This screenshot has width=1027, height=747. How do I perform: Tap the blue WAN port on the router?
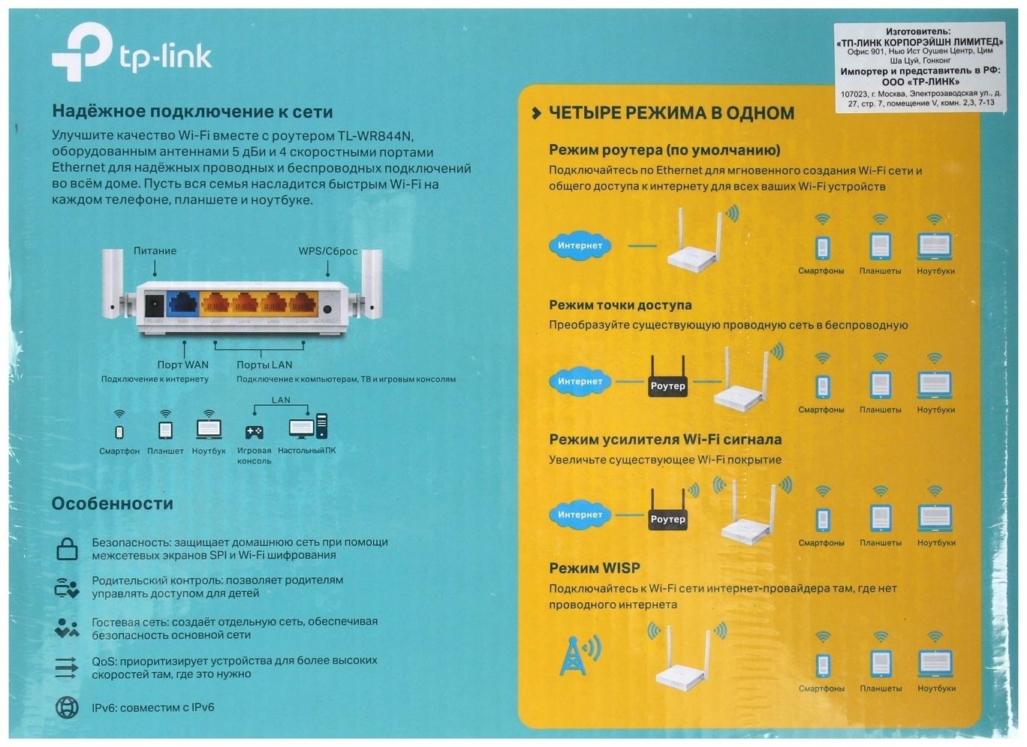pos(182,304)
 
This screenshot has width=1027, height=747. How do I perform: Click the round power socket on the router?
pos(154,305)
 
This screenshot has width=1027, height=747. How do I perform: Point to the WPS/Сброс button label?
pos(328,251)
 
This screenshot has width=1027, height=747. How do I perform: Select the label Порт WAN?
pos(182,365)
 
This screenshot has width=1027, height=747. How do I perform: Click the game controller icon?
pos(254,432)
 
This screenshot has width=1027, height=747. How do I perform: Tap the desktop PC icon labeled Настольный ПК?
pos(308,427)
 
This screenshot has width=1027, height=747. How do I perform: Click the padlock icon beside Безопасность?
pos(67,549)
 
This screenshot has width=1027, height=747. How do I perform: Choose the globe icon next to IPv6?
pos(67,707)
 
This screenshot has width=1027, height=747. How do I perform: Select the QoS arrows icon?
pos(67,667)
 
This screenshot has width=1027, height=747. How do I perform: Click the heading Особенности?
pos(113,504)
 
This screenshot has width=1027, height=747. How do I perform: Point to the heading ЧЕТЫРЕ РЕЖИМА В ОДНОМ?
pos(671,113)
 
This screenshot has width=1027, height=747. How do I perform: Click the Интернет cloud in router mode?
pos(580,245)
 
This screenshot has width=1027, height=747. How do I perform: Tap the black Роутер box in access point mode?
pos(667,385)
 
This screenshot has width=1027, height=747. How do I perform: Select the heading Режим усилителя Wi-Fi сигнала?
pos(665,439)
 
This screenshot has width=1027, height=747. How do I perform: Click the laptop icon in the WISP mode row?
pos(935,663)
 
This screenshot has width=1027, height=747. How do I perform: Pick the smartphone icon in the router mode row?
pos(822,247)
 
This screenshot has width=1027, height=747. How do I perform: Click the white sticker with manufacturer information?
pos(920,67)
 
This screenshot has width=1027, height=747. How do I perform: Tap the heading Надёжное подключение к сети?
pos(192,112)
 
